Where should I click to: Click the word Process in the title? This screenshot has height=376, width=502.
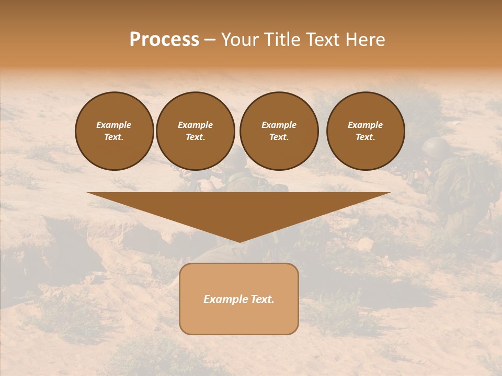(164, 40)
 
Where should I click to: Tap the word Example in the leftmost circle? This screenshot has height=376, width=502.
(114, 125)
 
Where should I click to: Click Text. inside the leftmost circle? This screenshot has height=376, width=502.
(114, 137)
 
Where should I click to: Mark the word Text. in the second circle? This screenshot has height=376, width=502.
(196, 137)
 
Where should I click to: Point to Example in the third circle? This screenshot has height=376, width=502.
(279, 125)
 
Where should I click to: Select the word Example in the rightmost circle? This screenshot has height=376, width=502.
(365, 125)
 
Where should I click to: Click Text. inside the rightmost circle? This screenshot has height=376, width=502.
(365, 137)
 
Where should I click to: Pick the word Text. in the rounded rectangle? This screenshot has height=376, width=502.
(263, 299)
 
